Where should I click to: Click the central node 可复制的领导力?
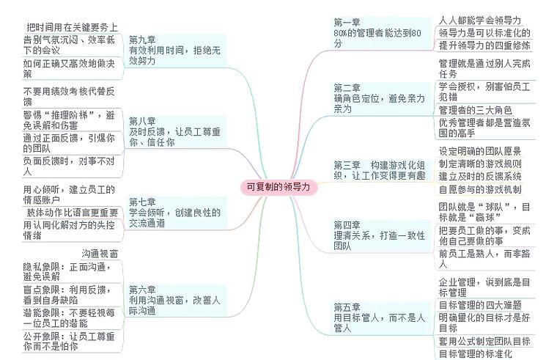(x=278, y=187)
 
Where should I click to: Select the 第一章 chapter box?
(x=381, y=33)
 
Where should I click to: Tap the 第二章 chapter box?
(x=381, y=98)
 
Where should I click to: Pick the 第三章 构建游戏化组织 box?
(x=381, y=170)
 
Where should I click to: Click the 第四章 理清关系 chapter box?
(x=381, y=235)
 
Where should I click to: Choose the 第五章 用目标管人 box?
(x=381, y=317)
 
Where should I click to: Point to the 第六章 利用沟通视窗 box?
(x=177, y=301)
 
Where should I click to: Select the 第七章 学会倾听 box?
(x=177, y=213)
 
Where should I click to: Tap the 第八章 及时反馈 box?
(x=177, y=132)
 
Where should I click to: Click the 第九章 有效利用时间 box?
(x=177, y=51)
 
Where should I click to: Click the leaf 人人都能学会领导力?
(x=479, y=21)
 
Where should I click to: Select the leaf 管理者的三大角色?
(x=476, y=110)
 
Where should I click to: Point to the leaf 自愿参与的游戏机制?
(x=480, y=189)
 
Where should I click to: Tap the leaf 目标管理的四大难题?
(x=480, y=305)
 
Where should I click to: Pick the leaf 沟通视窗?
(x=100, y=254)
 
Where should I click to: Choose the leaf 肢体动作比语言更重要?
(x=72, y=213)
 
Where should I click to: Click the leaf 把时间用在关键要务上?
(x=72, y=27)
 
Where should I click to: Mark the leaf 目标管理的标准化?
(x=476, y=354)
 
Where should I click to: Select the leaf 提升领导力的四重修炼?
(x=484, y=45)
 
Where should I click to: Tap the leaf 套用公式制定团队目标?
(x=484, y=342)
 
